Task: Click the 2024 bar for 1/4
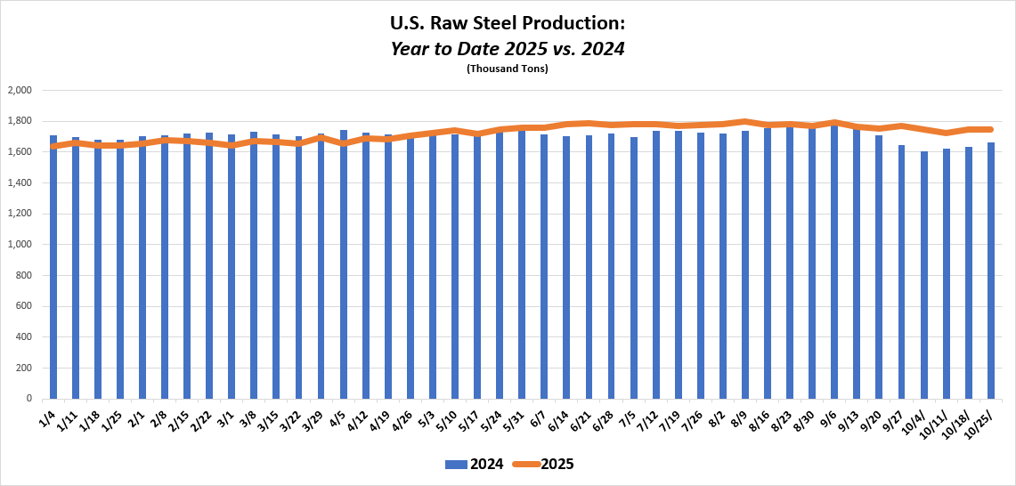pyautogui.click(x=53, y=267)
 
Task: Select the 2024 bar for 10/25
pyautogui.click(x=991, y=271)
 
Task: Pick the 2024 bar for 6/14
pyautogui.click(x=566, y=267)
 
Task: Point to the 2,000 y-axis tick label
pyautogui.click(x=20, y=90)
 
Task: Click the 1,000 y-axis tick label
pyautogui.click(x=20, y=245)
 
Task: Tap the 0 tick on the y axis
pyautogui.click(x=29, y=399)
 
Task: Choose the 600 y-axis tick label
pyautogui.click(x=23, y=306)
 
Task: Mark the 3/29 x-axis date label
pyautogui.click(x=314, y=419)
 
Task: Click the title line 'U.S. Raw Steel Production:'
pyautogui.click(x=508, y=22)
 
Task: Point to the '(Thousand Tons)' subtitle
pyautogui.click(x=508, y=69)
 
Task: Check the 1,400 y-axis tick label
pyautogui.click(x=20, y=182)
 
